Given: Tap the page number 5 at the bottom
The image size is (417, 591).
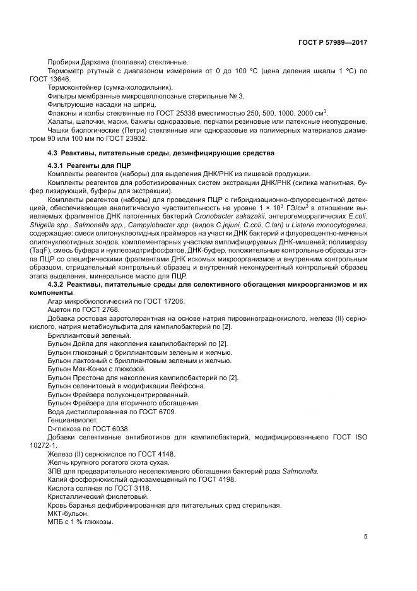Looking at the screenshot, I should (365, 537).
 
